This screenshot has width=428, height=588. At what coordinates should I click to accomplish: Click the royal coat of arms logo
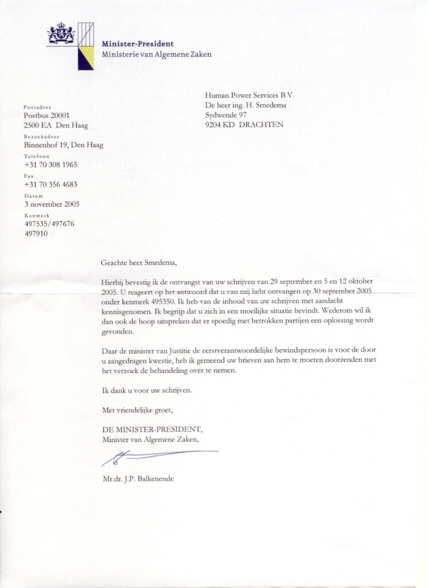[x=61, y=33]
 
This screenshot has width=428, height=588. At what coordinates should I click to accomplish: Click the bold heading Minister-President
[x=137, y=44]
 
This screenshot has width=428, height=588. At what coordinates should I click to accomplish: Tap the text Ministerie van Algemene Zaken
[x=156, y=55]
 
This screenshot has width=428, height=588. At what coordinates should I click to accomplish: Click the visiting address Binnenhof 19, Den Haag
[x=63, y=145]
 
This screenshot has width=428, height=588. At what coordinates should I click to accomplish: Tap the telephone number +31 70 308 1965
[x=51, y=165]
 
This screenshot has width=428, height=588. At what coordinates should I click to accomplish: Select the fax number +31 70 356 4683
[x=51, y=184]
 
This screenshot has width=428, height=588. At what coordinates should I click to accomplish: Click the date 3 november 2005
[x=52, y=204]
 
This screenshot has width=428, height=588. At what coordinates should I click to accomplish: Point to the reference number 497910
[x=36, y=234]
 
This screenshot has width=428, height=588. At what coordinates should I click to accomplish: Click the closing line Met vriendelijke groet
[x=137, y=411]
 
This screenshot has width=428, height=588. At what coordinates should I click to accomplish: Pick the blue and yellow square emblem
[x=86, y=57]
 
